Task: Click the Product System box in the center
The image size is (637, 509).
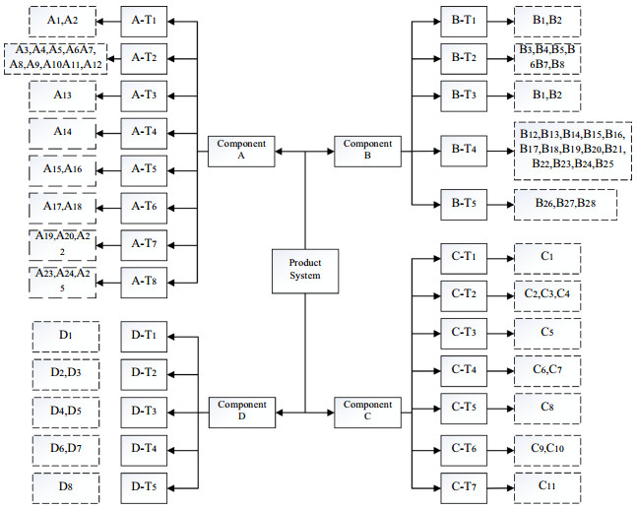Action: [305, 270]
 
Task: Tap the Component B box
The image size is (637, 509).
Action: [367, 151]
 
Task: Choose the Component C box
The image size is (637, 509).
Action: [367, 410]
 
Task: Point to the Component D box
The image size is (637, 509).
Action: [242, 410]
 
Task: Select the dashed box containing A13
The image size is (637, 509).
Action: [61, 95]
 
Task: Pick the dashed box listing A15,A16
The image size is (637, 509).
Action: [61, 169]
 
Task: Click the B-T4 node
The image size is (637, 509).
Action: [465, 151]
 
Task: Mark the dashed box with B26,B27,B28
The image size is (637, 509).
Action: [571, 204]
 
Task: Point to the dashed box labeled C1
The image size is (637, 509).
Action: [547, 258]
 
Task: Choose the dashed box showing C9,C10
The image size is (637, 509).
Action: [547, 449]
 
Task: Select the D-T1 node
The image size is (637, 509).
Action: [145, 336]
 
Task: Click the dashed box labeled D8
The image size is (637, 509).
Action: [65, 486]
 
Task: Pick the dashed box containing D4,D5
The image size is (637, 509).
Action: [65, 411]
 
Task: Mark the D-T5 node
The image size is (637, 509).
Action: [145, 486]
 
